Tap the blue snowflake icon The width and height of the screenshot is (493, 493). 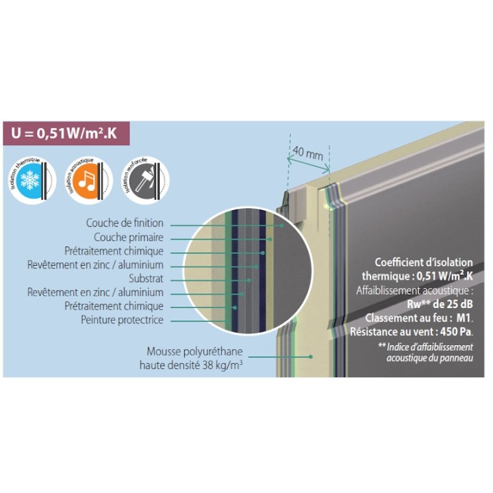tap(30, 179)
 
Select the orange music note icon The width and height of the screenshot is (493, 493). tap(85, 179)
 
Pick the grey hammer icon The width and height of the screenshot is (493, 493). tap(142, 179)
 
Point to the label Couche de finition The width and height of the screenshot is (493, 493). tap(125, 223)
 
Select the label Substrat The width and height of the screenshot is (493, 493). tap(146, 279)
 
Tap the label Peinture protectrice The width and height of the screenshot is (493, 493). tap(122, 320)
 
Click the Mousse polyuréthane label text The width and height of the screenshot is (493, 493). tap(195, 351)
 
